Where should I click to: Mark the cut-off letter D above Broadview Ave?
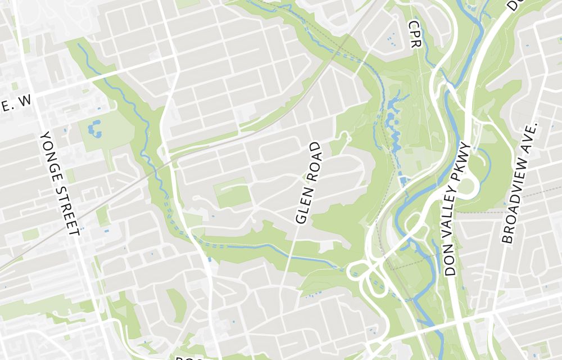[x=513, y=5]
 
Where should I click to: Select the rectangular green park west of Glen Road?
[x=232, y=193]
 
